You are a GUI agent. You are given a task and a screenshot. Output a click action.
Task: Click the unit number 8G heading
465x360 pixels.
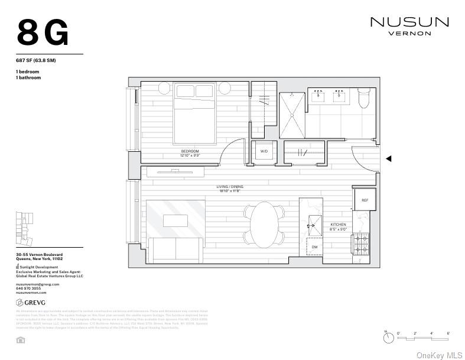coord(43,33)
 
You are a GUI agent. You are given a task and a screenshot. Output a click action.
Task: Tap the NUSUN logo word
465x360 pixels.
coord(409,22)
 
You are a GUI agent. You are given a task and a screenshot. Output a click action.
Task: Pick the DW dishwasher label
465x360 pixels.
coord(314,247)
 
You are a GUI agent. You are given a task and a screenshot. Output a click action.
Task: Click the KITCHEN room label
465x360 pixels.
coord(339,225)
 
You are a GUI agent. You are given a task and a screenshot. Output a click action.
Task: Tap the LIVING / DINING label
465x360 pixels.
coord(230,187)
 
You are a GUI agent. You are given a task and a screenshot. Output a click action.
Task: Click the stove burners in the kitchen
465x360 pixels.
coord(360,242)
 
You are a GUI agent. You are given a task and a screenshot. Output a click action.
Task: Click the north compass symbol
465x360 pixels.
coord(388,338)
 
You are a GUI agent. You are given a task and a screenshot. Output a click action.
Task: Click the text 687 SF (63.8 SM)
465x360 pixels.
coord(35,60)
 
